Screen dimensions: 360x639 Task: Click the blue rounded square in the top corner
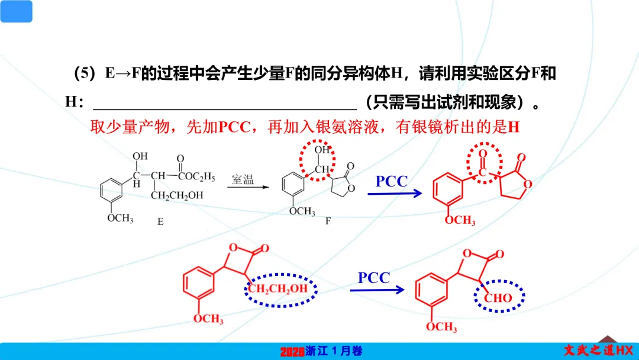click(16, 11)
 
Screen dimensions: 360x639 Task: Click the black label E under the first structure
click(160, 222)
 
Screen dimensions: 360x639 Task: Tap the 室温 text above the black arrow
click(243, 179)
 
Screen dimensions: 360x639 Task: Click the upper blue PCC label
click(392, 181)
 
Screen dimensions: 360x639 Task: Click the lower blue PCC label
click(374, 277)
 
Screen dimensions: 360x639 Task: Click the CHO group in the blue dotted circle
click(498, 298)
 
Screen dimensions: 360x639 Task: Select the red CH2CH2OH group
click(278, 289)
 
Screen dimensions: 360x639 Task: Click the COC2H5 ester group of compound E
click(195, 176)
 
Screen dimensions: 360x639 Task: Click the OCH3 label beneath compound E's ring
click(120, 218)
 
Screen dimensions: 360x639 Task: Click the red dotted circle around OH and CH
click(317, 159)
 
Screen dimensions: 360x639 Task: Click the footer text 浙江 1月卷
click(334, 351)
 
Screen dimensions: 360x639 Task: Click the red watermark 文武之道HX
click(598, 351)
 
